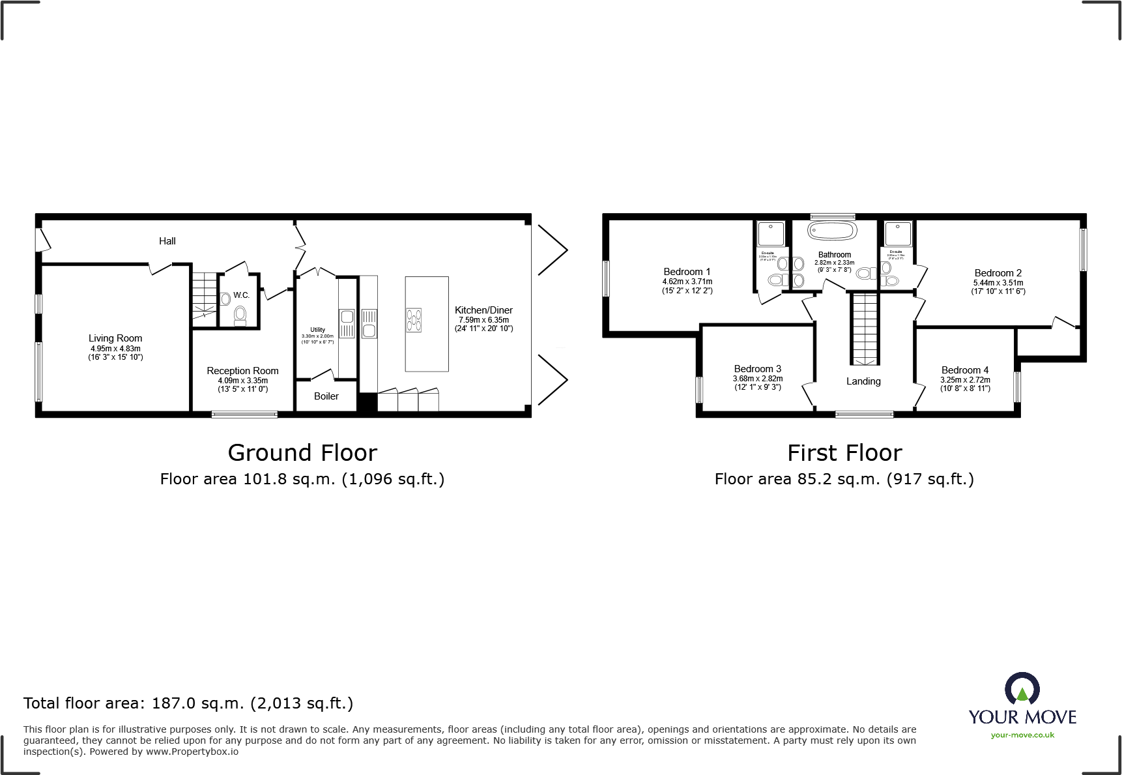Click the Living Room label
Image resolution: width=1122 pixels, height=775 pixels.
(x=115, y=338)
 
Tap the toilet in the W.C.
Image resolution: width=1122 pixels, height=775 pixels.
(x=240, y=315)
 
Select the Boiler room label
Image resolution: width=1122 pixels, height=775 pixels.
(x=326, y=396)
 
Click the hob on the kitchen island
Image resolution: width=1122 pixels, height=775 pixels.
(x=414, y=320)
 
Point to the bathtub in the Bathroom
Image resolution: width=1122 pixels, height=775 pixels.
(x=832, y=231)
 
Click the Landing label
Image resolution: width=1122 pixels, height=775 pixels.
(x=863, y=381)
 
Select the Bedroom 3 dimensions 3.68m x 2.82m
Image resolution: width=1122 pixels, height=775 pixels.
(x=758, y=379)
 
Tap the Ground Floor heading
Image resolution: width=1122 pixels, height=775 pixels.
(x=302, y=452)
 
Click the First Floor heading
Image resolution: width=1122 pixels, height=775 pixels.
(x=844, y=452)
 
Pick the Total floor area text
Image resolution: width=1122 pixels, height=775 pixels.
(x=188, y=703)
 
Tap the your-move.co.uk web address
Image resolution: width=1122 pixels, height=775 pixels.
(x=1022, y=735)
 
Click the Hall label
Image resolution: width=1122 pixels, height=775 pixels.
(x=167, y=241)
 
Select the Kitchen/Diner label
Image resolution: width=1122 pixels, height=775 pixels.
(x=483, y=310)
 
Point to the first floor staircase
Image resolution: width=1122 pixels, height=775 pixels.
(x=865, y=329)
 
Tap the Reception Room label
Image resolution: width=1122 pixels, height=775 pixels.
(x=242, y=370)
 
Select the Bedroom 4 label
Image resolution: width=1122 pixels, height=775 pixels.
(x=965, y=370)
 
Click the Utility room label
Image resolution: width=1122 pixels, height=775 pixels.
(x=317, y=330)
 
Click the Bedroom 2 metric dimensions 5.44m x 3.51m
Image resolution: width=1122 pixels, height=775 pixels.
(x=998, y=283)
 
